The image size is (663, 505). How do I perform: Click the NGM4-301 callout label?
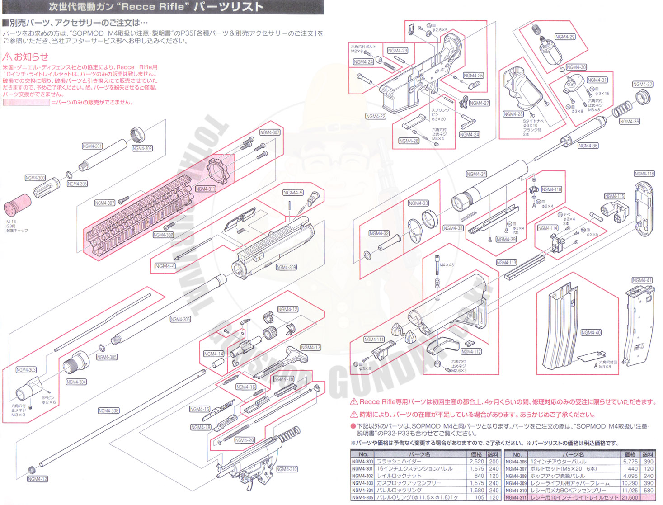click(92, 146)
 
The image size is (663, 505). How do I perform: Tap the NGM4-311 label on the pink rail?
click(205, 189)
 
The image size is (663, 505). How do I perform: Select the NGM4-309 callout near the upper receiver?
click(286, 267)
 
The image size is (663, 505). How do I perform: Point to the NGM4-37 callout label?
click(642, 85)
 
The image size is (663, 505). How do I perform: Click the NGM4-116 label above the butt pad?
click(644, 174)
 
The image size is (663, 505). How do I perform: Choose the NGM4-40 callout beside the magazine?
click(591, 333)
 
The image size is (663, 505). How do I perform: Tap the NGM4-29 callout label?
click(565, 37)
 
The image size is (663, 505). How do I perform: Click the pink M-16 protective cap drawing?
click(17, 206)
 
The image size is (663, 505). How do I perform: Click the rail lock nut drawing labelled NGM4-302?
click(137, 134)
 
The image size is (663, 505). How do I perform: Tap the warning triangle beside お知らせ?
click(7, 57)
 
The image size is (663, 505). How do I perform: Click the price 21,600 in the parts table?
click(630, 498)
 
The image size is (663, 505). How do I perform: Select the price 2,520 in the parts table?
click(476, 462)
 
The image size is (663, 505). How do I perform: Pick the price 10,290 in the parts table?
click(630, 483)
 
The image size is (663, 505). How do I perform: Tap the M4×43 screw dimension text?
click(447, 265)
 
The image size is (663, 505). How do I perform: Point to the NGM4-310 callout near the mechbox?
click(287, 469)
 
